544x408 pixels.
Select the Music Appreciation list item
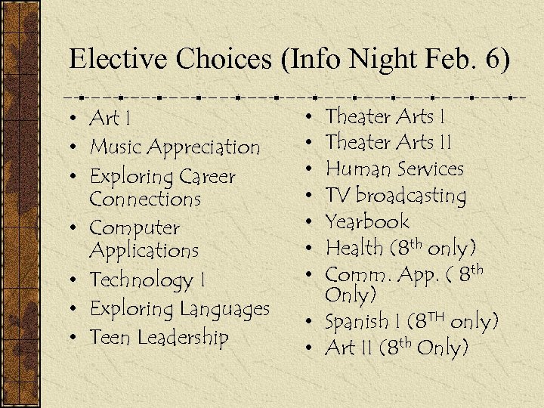pos(175,147)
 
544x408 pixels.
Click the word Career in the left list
pos(208,177)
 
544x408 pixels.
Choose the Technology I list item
pos(147,280)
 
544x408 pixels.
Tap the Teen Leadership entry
pos(159,337)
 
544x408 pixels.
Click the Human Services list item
pos(394,168)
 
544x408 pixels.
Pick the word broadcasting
pos(411,196)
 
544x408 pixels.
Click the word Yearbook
pos(366,221)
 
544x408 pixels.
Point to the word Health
pos(354,247)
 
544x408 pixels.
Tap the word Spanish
pos(357,321)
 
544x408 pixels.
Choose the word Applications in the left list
pos(144,249)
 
